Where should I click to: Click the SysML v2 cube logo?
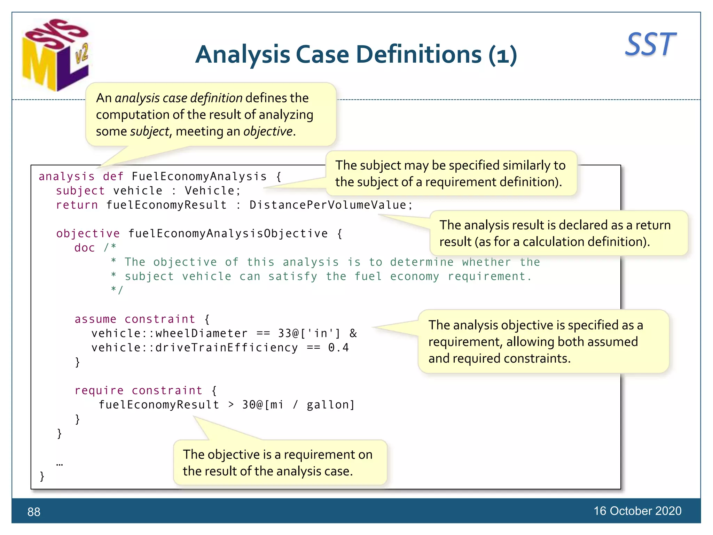tap(56, 55)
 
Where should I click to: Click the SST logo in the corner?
tap(650, 45)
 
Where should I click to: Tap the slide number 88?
tap(34, 512)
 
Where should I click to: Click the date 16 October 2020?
tap(637, 511)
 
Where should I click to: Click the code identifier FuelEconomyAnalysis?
tap(199, 177)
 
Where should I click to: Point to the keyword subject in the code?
tap(80, 191)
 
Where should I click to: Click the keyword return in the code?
tap(77, 205)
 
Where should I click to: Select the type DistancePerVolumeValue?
tap(328, 205)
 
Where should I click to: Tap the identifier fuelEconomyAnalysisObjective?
tap(228, 234)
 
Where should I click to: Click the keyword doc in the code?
tap(84, 248)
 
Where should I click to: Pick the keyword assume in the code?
tap(95, 319)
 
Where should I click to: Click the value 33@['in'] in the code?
tap(309, 334)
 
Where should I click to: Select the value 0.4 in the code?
tap(338, 348)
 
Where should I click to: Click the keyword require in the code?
tap(99, 391)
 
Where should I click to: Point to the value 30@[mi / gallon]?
tap(298, 405)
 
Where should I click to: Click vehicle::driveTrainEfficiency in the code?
tap(195, 348)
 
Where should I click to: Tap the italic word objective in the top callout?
tap(268, 132)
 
